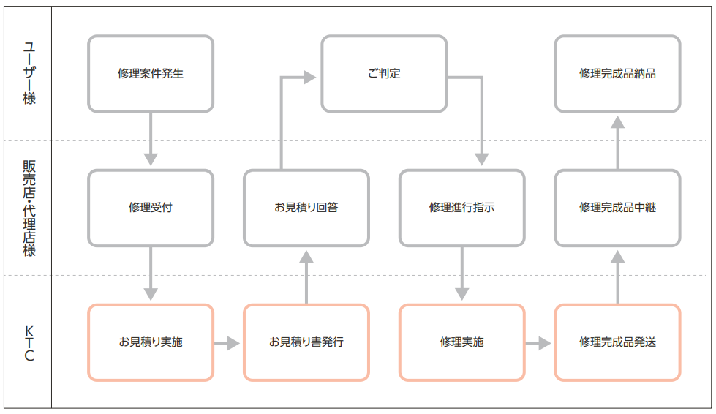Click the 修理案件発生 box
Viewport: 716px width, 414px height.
(x=151, y=74)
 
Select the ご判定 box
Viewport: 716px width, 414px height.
(x=384, y=74)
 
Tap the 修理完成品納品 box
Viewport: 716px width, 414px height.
(x=617, y=74)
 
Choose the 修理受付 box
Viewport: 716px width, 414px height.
(x=151, y=208)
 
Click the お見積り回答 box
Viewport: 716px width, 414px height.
(x=306, y=208)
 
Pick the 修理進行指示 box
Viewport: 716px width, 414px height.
(x=461, y=208)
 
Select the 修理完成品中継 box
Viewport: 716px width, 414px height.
(x=617, y=208)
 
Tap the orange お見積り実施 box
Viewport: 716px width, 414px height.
(x=151, y=342)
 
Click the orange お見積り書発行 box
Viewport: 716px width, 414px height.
(x=306, y=342)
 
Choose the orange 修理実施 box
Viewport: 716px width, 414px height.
(x=461, y=342)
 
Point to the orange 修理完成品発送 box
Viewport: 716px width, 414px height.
(x=617, y=342)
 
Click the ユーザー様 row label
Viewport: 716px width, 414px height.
(x=28, y=74)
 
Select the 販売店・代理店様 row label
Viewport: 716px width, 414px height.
(x=28, y=208)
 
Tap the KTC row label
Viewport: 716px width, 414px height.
(x=28, y=342)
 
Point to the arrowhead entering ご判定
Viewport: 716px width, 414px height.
(x=309, y=76)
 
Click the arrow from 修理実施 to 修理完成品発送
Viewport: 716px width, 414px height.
(x=539, y=342)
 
